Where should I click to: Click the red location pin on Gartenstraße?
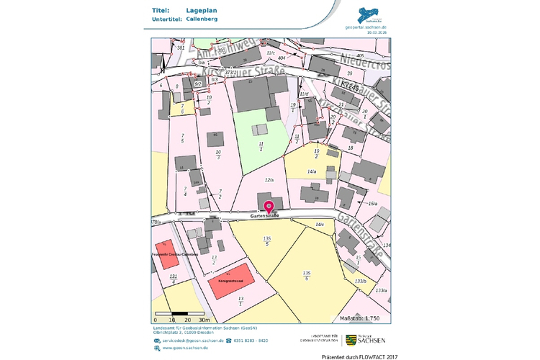269,207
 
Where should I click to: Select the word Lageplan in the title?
201,11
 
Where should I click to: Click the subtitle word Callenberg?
202,20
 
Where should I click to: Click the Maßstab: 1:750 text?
364,318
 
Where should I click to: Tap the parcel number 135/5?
267,240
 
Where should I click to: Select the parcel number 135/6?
307,274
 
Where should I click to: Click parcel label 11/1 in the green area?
261,146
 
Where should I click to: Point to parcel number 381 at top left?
181,48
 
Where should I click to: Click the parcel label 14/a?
312,172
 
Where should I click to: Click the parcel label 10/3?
218,154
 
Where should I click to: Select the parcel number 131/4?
173,278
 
